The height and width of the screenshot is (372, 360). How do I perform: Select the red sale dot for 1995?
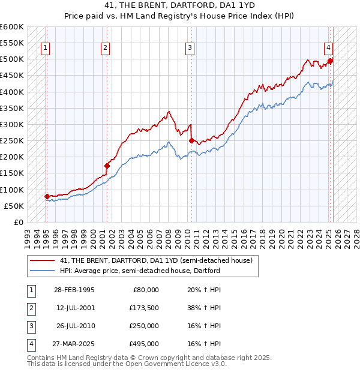point(47,196)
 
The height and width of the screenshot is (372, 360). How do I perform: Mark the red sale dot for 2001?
point(107,166)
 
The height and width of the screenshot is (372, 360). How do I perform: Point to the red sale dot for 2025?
point(331,61)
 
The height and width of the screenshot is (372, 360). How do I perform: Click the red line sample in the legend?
point(42,261)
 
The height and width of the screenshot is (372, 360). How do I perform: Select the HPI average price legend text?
point(140,271)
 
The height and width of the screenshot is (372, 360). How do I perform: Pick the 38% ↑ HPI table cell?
point(204,307)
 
